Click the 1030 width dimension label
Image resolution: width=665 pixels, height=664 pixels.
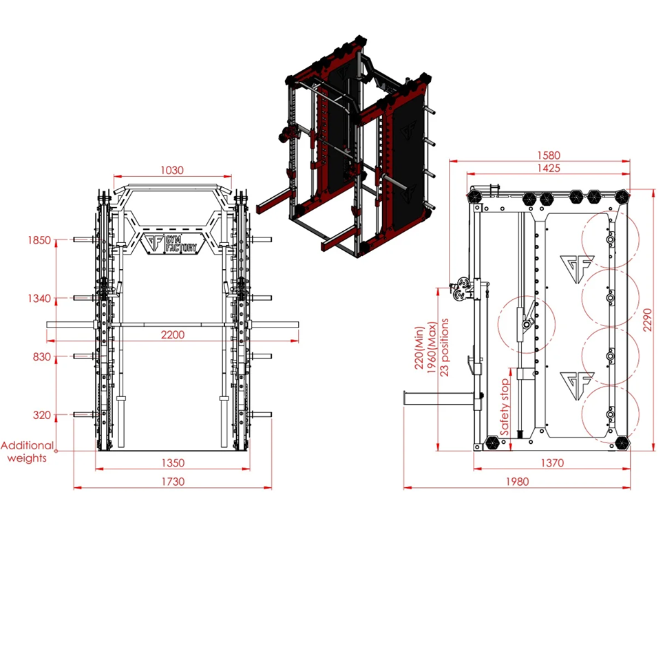pyautogui.click(x=172, y=171)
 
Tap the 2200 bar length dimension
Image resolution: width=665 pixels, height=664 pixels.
pyautogui.click(x=173, y=335)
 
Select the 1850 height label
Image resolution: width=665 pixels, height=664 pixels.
pyautogui.click(x=39, y=240)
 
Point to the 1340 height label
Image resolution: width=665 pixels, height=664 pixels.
pyautogui.click(x=39, y=299)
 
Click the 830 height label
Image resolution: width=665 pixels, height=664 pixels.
pyautogui.click(x=42, y=357)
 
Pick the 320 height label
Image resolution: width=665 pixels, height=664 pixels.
pyautogui.click(x=42, y=415)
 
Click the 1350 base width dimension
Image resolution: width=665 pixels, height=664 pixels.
pyautogui.click(x=173, y=463)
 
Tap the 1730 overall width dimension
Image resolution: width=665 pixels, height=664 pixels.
pyautogui.click(x=173, y=482)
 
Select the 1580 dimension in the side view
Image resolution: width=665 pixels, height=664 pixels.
pyautogui.click(x=549, y=156)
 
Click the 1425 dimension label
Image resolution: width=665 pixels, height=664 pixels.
pyautogui.click(x=549, y=169)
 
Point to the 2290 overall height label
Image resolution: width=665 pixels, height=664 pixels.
pyautogui.click(x=647, y=320)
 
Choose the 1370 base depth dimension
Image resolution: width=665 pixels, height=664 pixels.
pyautogui.click(x=552, y=463)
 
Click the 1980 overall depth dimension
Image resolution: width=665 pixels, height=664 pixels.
pyautogui.click(x=518, y=482)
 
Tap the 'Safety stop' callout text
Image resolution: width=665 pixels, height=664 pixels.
pyautogui.click(x=505, y=407)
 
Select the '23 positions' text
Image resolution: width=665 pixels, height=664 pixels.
pyautogui.click(x=444, y=347)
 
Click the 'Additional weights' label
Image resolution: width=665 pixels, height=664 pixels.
pyautogui.click(x=27, y=452)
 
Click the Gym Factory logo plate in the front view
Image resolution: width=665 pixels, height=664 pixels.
pyautogui.click(x=174, y=244)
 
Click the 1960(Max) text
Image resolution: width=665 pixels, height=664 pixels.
pyautogui.click(x=432, y=347)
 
